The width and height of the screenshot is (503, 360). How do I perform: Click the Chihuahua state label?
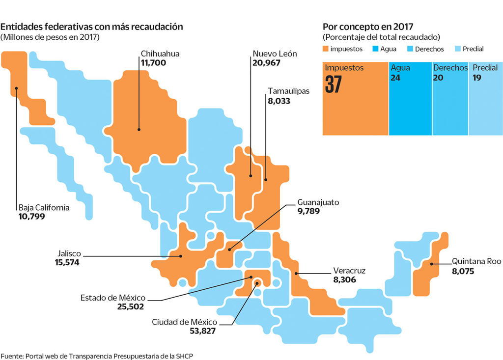pyautogui.click(x=160, y=54)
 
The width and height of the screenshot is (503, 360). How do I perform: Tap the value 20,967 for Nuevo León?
pyautogui.click(x=268, y=63)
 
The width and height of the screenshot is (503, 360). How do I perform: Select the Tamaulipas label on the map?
pyautogui.click(x=288, y=91)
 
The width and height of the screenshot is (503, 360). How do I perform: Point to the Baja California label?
pyautogui.click(x=44, y=207)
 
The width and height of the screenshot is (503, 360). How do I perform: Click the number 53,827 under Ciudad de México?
pyautogui.click(x=203, y=331)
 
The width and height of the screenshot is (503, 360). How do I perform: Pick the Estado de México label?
pyautogui.click(x=113, y=298)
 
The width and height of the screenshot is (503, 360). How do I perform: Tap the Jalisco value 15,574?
pyautogui.click(x=67, y=263)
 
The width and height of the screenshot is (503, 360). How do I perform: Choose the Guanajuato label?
pyautogui.click(x=318, y=202)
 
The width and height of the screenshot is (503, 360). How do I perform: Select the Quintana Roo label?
pyautogui.click(x=476, y=261)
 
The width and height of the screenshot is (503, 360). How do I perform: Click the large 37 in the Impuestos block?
pyautogui.click(x=334, y=84)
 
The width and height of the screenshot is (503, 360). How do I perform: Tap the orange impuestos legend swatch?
pyautogui.click(x=326, y=49)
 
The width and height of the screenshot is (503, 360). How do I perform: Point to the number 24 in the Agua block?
pyautogui.click(x=395, y=78)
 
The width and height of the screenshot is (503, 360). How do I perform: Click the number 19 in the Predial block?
pyautogui.click(x=476, y=78)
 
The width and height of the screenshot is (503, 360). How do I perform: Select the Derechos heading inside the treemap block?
pyautogui.click(x=450, y=68)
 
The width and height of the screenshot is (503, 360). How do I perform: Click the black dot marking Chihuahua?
pyautogui.click(x=140, y=130)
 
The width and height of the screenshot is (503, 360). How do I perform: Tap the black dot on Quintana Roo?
pyautogui.click(x=431, y=265)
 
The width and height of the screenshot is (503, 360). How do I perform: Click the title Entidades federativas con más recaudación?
pyautogui.click(x=92, y=27)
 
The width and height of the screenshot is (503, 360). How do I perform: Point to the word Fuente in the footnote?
pyautogui.click(x=12, y=355)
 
